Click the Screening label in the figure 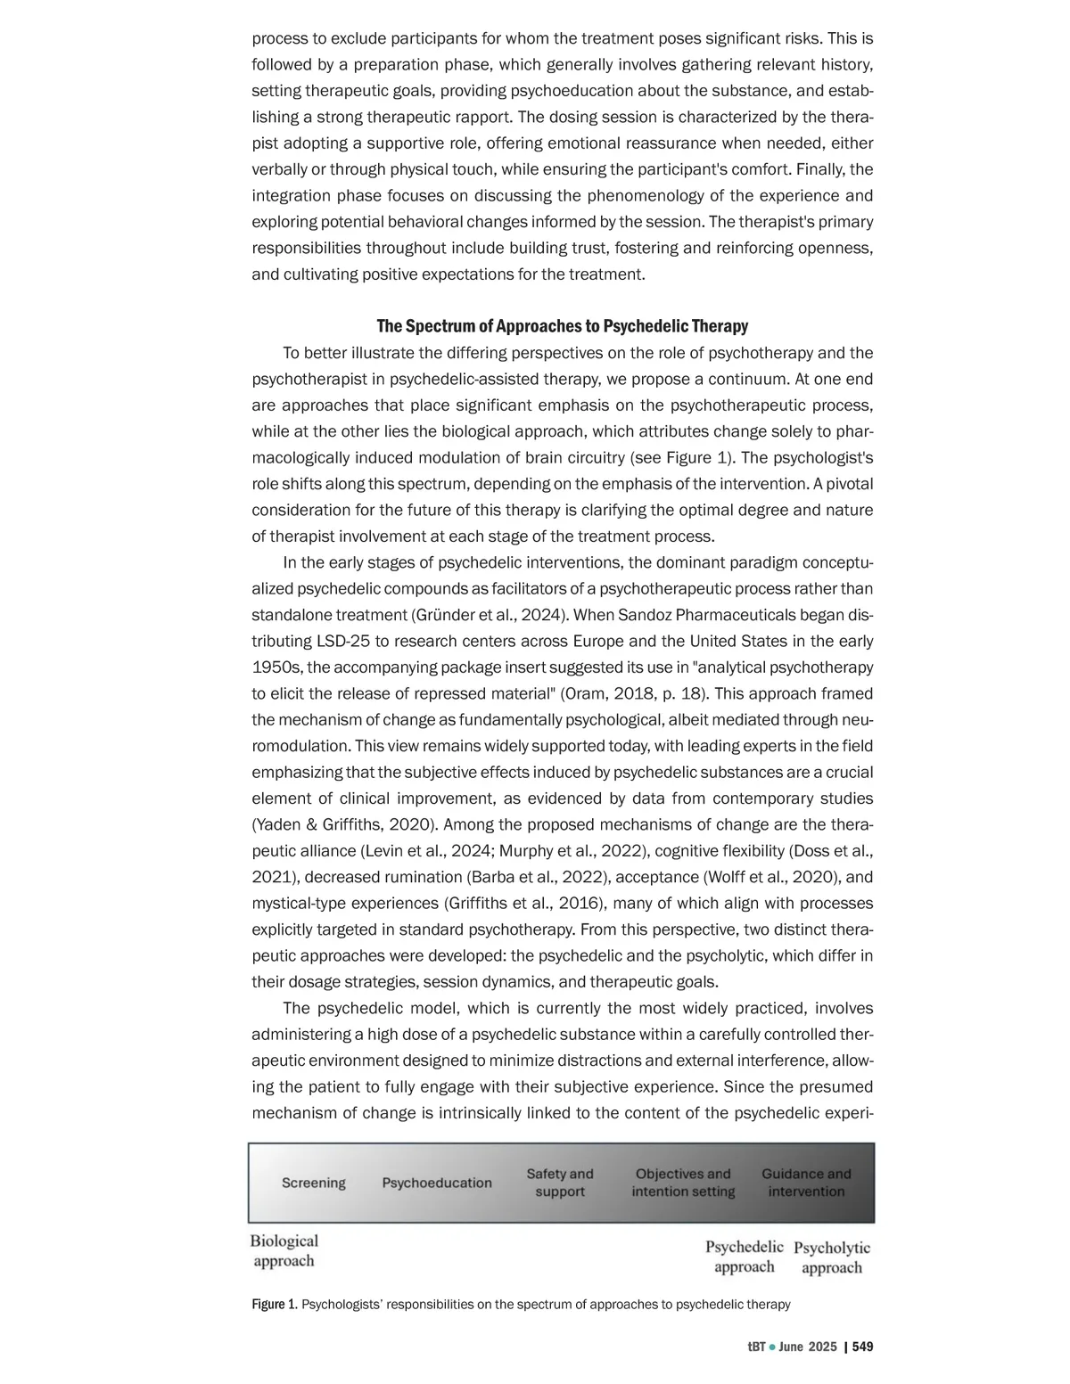314,1183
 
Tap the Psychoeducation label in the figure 437,1183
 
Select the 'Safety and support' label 560,1183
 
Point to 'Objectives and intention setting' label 683,1183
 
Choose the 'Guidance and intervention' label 806,1183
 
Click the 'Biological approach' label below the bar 284,1250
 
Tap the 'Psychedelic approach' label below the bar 745,1257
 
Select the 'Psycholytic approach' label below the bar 832,1257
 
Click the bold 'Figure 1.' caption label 275,1305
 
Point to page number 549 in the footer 862,1347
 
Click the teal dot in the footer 772,1347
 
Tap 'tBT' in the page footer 756,1347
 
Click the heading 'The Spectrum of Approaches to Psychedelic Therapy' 562,326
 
